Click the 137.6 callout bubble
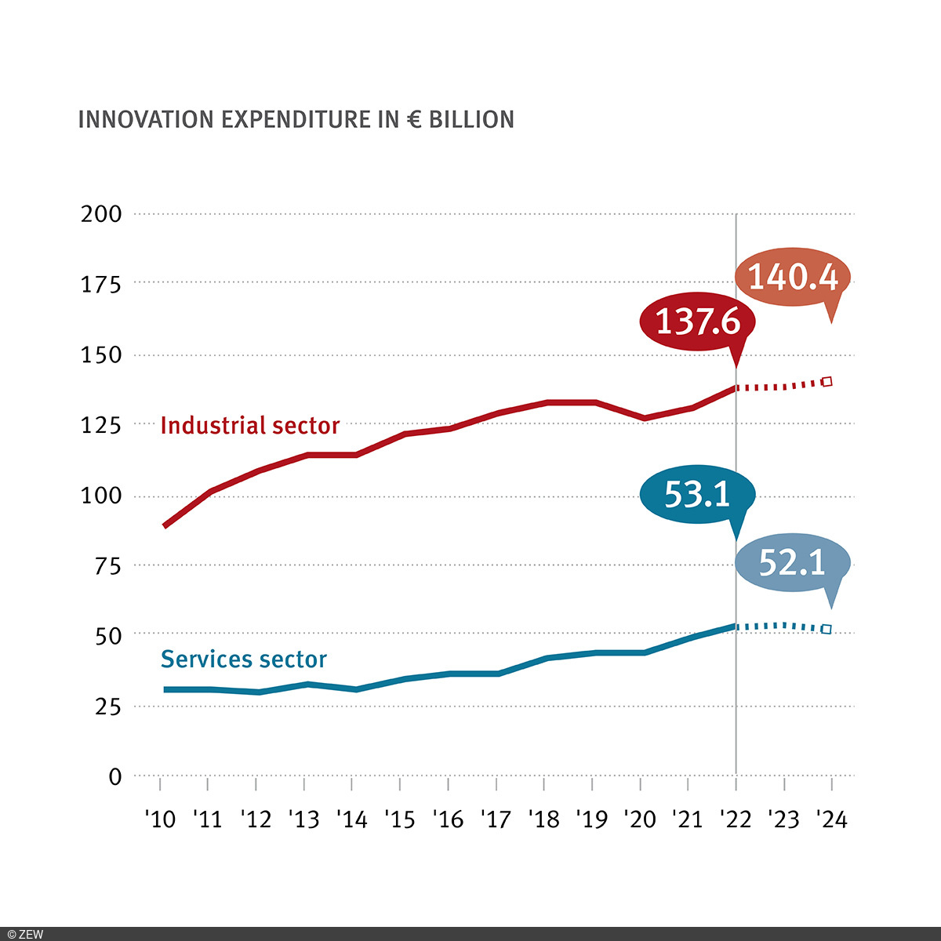(x=697, y=322)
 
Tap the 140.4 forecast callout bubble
(x=793, y=277)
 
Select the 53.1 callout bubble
(x=697, y=494)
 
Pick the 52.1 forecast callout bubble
(x=792, y=562)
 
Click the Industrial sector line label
(x=249, y=426)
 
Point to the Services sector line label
(x=243, y=659)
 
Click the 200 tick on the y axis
(x=102, y=214)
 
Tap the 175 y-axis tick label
(x=102, y=285)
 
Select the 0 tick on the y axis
(x=115, y=777)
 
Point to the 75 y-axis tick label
(x=107, y=566)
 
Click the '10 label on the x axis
(x=160, y=819)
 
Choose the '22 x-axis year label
(x=736, y=819)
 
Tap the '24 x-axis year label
(x=831, y=819)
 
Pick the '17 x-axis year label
(x=496, y=819)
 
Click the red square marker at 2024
(x=827, y=382)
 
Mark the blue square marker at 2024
(x=826, y=629)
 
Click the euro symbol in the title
(x=414, y=120)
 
